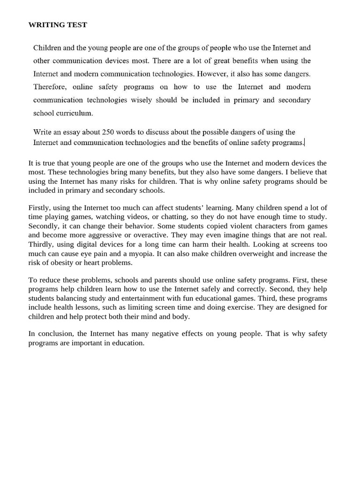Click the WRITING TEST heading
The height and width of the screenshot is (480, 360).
point(58,25)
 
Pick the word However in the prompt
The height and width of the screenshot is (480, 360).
point(212,74)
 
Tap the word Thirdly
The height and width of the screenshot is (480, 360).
point(41,244)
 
